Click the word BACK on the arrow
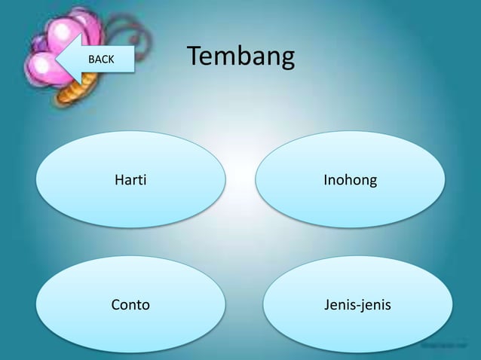pos(102,59)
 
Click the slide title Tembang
pos(240,57)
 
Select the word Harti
pos(130,181)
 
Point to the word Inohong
pos(350,181)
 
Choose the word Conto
pos(130,305)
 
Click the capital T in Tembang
pos(194,56)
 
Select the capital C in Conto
pos(116,305)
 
